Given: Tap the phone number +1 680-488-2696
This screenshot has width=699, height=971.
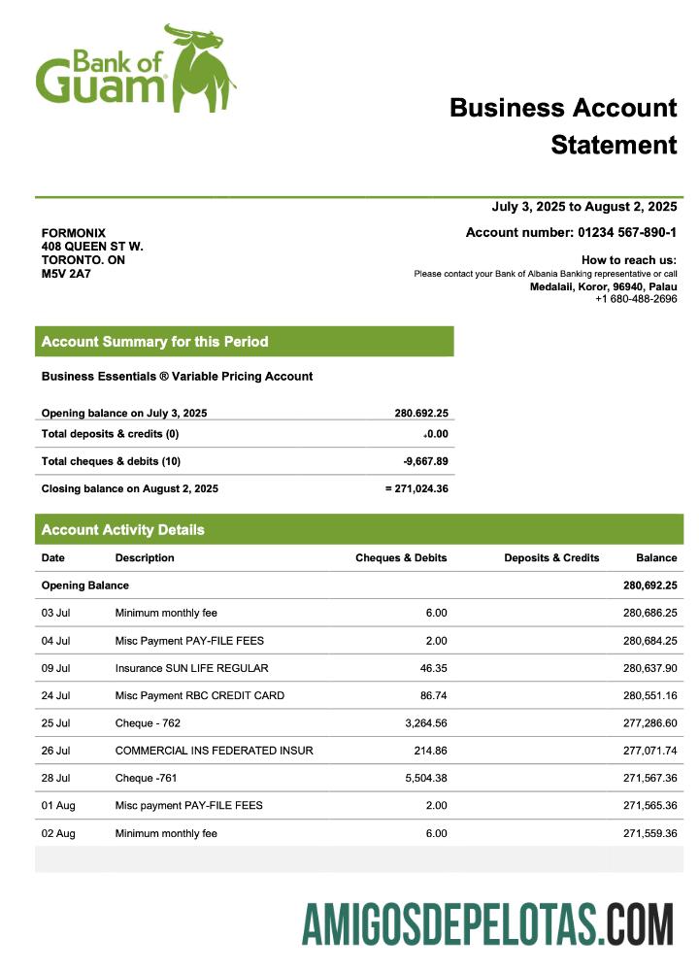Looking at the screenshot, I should pyautogui.click(x=636, y=299).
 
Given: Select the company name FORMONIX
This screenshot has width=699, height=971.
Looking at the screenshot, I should pyautogui.click(x=73, y=233).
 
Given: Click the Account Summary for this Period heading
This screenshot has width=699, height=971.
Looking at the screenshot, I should pyautogui.click(x=154, y=342).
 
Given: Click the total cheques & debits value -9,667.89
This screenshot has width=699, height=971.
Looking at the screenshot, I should pyautogui.click(x=425, y=461).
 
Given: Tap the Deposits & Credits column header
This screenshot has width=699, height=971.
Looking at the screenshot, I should pyautogui.click(x=551, y=558).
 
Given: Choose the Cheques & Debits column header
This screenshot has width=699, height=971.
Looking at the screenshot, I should pyautogui.click(x=401, y=558).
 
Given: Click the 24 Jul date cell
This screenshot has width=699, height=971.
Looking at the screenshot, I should pyautogui.click(x=55, y=695).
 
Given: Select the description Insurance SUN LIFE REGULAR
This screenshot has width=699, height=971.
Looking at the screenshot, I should pyautogui.click(x=191, y=668).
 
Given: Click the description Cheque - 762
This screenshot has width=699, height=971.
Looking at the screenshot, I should pyautogui.click(x=148, y=723).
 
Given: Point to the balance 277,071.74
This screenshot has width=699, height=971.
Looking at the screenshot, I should pyautogui.click(x=649, y=751).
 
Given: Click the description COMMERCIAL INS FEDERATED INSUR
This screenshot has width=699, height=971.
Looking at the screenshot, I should pyautogui.click(x=214, y=751).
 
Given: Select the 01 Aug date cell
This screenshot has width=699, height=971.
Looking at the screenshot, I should pyautogui.click(x=56, y=806).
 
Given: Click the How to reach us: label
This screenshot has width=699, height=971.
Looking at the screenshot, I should pyautogui.click(x=628, y=260).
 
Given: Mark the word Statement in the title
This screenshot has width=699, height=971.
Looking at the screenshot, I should pyautogui.click(x=613, y=145).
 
